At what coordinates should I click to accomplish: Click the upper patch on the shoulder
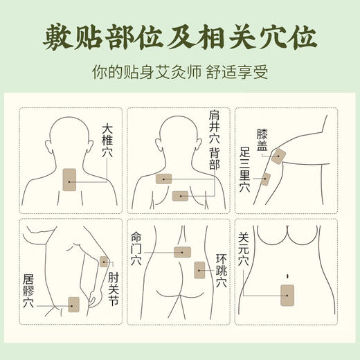(164, 179)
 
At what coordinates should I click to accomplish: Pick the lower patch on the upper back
(181, 196)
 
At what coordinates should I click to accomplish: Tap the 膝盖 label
(262, 141)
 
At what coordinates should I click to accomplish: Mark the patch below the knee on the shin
(266, 179)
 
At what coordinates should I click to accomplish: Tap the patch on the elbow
(105, 262)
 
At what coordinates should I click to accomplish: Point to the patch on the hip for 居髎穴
(74, 303)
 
